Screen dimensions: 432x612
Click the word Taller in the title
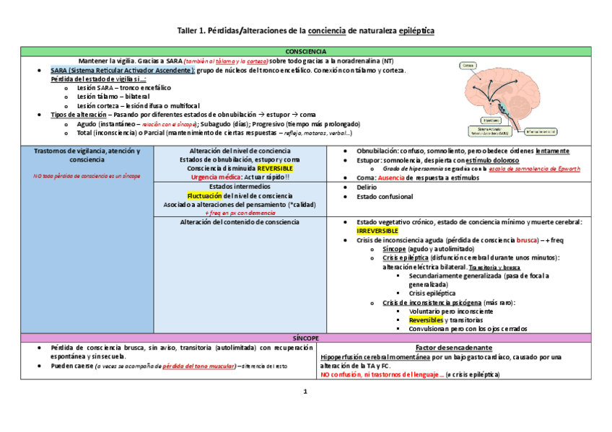[189, 31]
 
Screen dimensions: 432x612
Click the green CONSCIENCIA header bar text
[305, 52]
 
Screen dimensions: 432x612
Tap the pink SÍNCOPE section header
[305, 338]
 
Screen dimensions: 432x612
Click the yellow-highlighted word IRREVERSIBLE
[377, 231]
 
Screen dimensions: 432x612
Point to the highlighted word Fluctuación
[205, 195]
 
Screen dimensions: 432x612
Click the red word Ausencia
[391, 177]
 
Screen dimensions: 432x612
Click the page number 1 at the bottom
[305, 392]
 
